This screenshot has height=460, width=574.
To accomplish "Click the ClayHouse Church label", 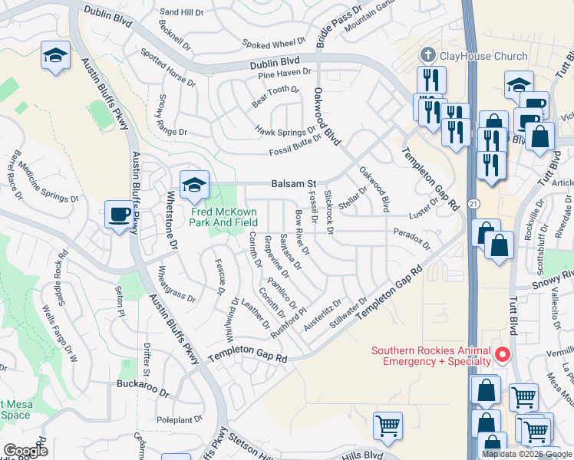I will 483,56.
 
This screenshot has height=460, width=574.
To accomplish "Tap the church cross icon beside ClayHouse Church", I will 427,55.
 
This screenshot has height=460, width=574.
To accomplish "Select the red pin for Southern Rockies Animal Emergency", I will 503,353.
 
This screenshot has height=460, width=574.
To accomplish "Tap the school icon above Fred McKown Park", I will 194,183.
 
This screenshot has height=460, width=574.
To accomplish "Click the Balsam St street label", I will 295,185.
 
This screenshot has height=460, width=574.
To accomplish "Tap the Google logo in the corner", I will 26,451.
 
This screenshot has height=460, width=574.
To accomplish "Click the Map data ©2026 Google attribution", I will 526,454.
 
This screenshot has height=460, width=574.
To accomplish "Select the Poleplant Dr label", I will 178,419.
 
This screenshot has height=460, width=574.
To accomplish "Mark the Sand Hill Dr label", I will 182,12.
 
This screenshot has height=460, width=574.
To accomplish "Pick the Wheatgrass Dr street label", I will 173,292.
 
